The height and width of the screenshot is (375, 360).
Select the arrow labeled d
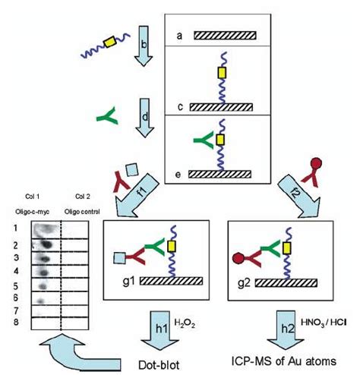144,118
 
